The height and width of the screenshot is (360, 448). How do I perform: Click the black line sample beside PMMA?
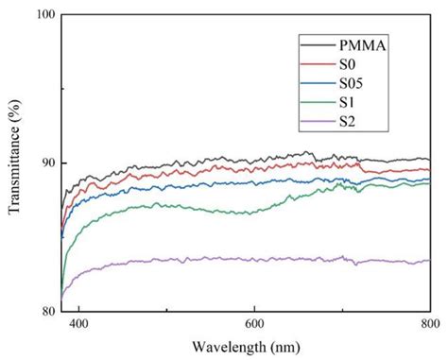point(314,45)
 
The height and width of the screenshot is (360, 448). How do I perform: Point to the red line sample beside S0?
point(314,65)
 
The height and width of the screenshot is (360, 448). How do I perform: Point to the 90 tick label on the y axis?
point(47,163)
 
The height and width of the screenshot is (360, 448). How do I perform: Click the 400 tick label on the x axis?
point(78,323)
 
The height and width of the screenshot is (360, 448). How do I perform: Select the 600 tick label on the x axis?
point(253,323)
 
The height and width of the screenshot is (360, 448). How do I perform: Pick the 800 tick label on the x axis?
point(428,323)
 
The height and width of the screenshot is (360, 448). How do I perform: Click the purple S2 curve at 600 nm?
point(253,258)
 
